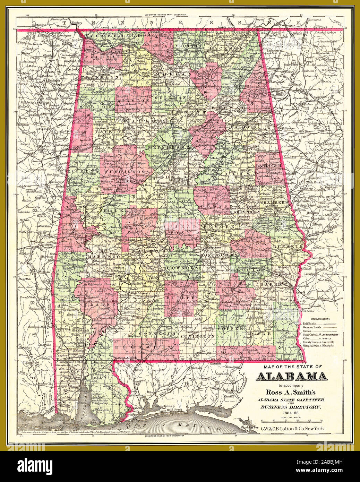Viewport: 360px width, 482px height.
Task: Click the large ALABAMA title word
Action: point(291,376)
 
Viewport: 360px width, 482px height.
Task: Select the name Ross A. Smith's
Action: point(290,393)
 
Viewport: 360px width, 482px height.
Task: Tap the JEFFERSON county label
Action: point(170,148)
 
